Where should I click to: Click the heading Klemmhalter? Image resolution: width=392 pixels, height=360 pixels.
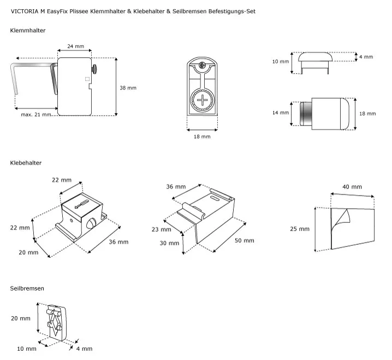[x=28, y=31]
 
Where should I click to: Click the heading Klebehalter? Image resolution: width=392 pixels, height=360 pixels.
[x=26, y=163]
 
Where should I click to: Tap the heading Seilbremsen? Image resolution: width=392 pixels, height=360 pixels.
[x=27, y=288]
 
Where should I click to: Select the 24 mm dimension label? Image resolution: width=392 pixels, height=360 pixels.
[x=75, y=46]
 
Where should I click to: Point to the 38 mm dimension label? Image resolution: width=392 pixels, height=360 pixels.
[x=128, y=88]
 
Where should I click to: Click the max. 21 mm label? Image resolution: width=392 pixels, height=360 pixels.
[x=36, y=114]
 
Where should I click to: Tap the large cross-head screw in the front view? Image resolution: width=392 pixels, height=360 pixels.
[x=203, y=100]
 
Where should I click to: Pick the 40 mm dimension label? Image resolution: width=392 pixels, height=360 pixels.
[x=352, y=187]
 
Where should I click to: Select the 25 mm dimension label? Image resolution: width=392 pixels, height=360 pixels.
[x=300, y=229]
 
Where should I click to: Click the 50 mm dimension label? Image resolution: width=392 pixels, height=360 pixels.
[x=244, y=240]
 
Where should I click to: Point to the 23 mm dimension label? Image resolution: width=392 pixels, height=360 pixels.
[x=158, y=229]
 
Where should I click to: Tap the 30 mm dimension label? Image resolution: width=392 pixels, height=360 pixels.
[x=158, y=244]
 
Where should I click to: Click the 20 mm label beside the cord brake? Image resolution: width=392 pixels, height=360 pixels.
[x=21, y=318]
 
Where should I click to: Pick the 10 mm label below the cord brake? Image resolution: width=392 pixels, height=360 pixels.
[x=26, y=348]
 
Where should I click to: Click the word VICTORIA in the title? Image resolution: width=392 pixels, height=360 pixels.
[x=25, y=11]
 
